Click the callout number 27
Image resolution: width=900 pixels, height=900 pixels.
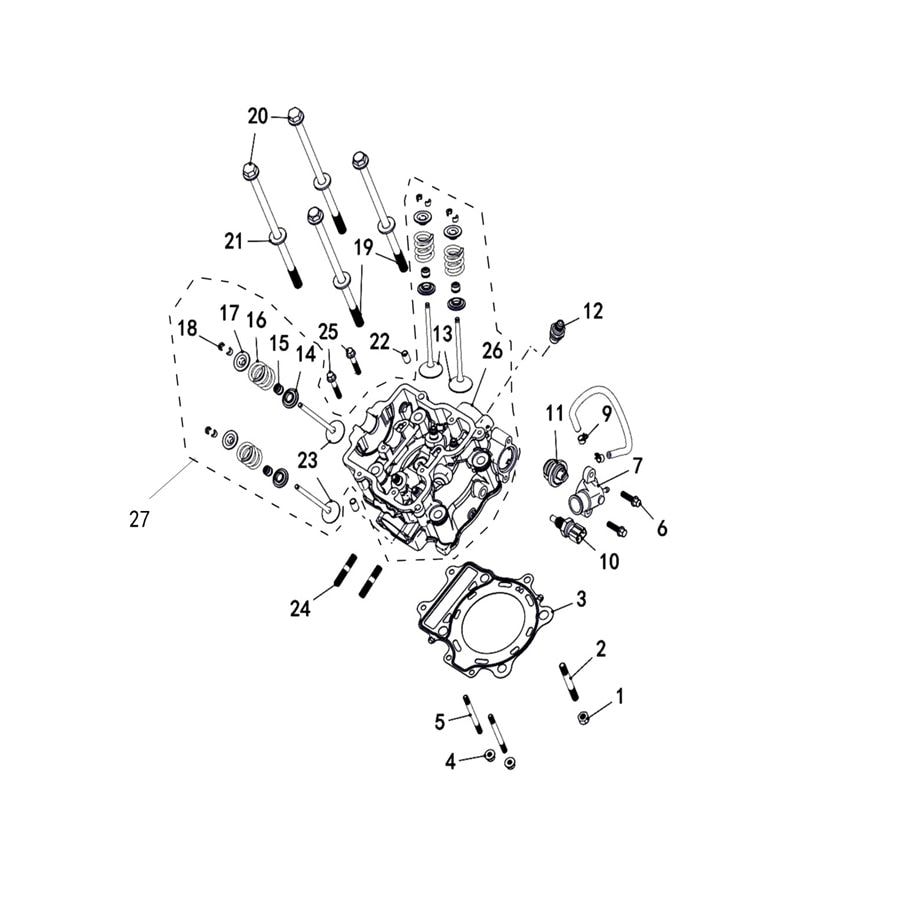click(x=139, y=519)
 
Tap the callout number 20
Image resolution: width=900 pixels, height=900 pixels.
click(x=258, y=117)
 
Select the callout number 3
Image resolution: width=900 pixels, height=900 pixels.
click(x=581, y=599)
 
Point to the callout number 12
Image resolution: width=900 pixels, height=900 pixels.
click(x=593, y=311)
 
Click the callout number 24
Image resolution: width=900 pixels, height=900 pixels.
click(x=300, y=608)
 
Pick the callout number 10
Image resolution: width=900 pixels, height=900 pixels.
click(x=610, y=561)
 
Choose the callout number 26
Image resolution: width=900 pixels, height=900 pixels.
click(x=492, y=351)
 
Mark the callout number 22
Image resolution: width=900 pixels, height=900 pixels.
click(x=380, y=342)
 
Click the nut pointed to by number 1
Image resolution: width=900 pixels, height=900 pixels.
click(x=581, y=717)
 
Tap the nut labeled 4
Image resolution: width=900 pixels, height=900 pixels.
click(x=490, y=755)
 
